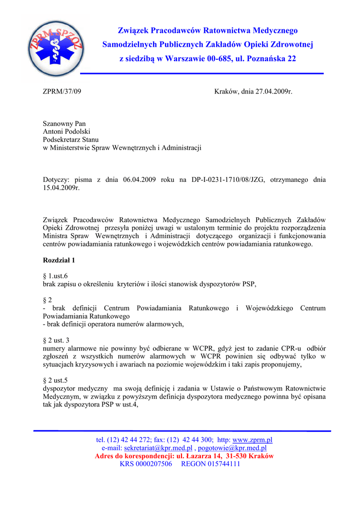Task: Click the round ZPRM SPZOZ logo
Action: point(56,49)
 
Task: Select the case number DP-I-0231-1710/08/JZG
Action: point(227,180)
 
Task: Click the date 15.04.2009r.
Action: point(61,188)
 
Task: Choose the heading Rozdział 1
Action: point(59,260)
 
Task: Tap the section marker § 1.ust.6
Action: point(55,276)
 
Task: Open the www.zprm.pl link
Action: point(253,440)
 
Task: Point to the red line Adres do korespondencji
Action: point(184,456)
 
